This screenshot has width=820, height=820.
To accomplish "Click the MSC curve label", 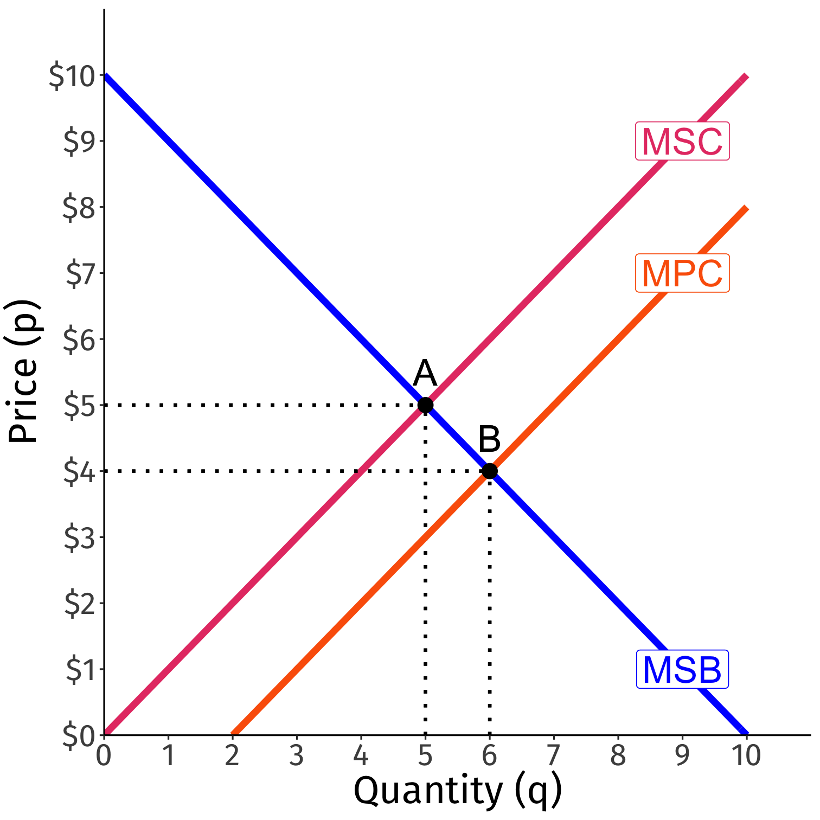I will pyautogui.click(x=682, y=142).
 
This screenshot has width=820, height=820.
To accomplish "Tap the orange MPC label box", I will pyautogui.click(x=682, y=273).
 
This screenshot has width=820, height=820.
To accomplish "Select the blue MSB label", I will pyautogui.click(x=682, y=670).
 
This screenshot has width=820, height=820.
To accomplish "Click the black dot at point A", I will pyautogui.click(x=425, y=405).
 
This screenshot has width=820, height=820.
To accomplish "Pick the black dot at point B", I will pyautogui.click(x=489, y=471).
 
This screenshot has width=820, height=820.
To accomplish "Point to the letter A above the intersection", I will pyautogui.click(x=425, y=374).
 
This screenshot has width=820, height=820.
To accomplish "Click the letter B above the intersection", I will pyautogui.click(x=489, y=440).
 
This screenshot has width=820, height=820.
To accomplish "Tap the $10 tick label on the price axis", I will pyautogui.click(x=73, y=76).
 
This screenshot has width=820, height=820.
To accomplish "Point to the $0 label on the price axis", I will pyautogui.click(x=79, y=736).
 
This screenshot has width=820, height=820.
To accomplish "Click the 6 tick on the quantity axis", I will pyautogui.click(x=489, y=755).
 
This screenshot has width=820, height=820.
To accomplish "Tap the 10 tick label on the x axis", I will pyautogui.click(x=746, y=755).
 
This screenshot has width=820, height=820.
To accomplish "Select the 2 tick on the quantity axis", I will pyautogui.click(x=232, y=755).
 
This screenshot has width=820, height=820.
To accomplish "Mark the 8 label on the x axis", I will pyautogui.click(x=618, y=755).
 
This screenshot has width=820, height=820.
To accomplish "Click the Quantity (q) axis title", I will pyautogui.click(x=457, y=791).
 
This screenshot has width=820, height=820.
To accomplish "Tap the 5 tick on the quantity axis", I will pyautogui.click(x=425, y=755).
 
